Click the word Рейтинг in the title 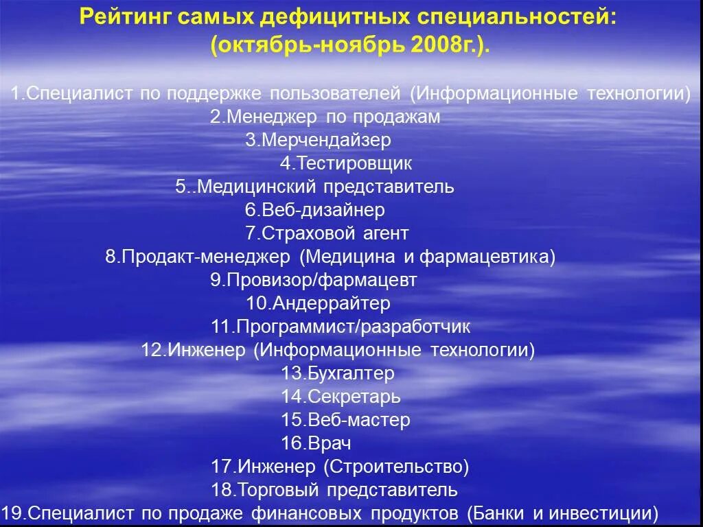tap(123, 16)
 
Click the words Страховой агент tap(327, 233)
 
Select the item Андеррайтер tap(318, 303)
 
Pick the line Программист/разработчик tap(341, 327)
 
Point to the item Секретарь tap(341, 397)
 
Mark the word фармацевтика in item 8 tap(487, 257)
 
